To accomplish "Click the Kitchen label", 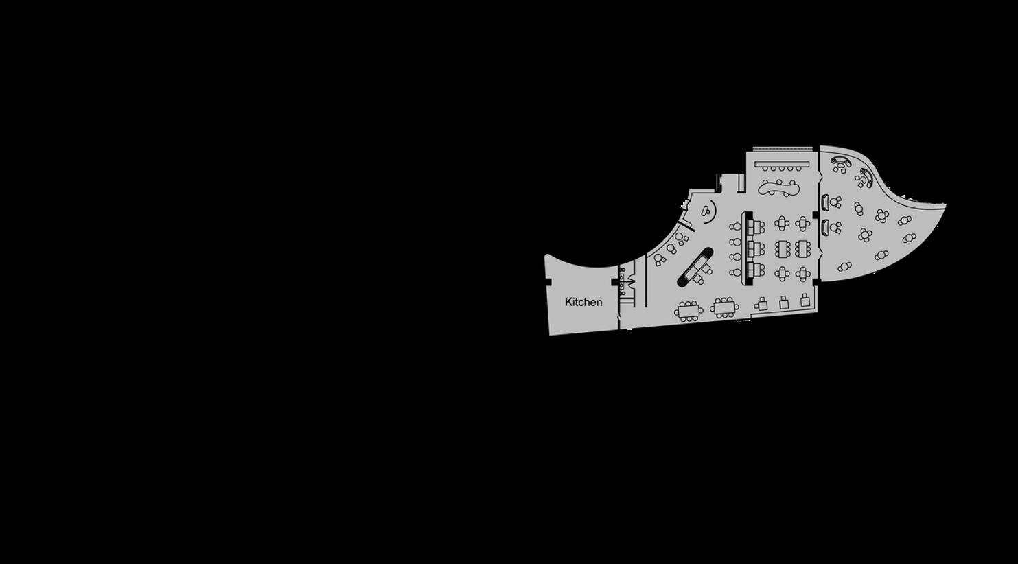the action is click(x=583, y=302).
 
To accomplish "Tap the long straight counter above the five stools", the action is click(x=782, y=164).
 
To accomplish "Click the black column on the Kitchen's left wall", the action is click(x=548, y=282).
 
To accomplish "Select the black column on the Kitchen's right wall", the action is click(x=615, y=282).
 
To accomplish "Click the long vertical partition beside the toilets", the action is click(x=646, y=281).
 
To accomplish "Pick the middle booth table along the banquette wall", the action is click(x=754, y=247).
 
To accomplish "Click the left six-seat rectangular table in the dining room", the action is click(x=783, y=248).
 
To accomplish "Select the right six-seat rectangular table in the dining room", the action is click(x=802, y=248).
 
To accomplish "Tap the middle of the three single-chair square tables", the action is click(x=784, y=302).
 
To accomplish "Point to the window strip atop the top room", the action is click(x=783, y=148).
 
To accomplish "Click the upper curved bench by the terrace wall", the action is click(x=825, y=202).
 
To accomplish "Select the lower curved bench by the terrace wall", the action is click(x=825, y=226).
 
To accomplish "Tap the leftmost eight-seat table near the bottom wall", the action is click(x=688, y=311).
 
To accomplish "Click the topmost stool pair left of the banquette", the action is click(x=735, y=226).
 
